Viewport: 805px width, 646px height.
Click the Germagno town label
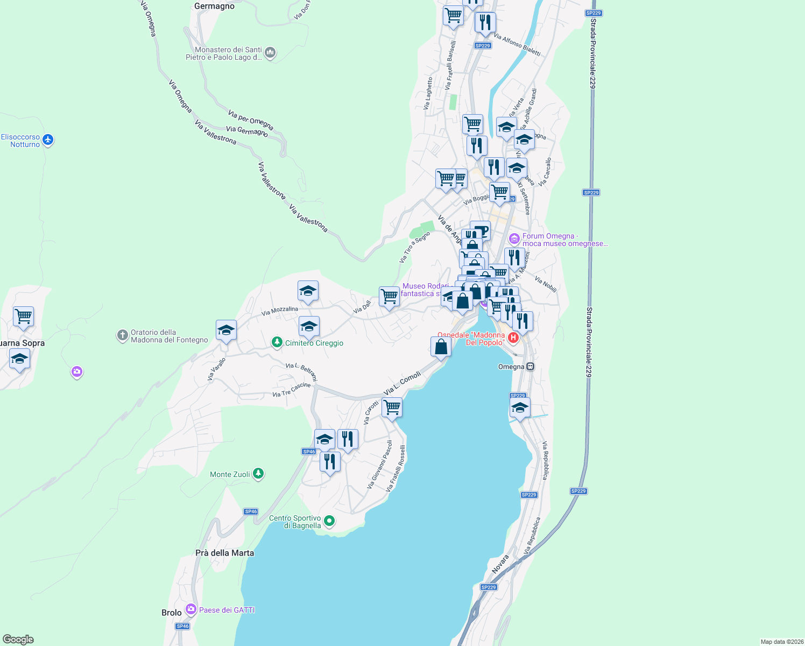(x=214, y=6)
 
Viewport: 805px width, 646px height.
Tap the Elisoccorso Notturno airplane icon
(x=48, y=140)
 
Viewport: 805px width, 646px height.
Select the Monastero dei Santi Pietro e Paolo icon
(x=270, y=53)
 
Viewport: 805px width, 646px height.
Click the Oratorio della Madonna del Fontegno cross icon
(x=123, y=335)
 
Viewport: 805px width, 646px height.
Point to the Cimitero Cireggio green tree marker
(x=277, y=342)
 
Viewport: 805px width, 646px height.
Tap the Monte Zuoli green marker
(x=258, y=474)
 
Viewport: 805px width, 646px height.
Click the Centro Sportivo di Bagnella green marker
(x=329, y=521)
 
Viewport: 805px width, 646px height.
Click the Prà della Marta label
(x=224, y=553)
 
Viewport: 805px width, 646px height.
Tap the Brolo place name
(x=172, y=613)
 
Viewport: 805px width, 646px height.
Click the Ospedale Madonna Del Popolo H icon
(x=513, y=338)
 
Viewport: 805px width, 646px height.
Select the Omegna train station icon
(x=530, y=367)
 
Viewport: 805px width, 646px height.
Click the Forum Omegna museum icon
(x=514, y=238)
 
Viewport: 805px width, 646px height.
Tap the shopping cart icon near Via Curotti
(x=392, y=408)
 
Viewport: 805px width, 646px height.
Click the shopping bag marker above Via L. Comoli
(x=441, y=347)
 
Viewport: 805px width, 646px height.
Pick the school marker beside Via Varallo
(x=226, y=331)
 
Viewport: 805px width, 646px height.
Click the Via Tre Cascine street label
(x=291, y=390)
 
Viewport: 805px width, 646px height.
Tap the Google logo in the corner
(x=18, y=639)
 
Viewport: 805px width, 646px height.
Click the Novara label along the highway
(x=500, y=564)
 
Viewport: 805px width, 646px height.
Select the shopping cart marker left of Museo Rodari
(x=389, y=297)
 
